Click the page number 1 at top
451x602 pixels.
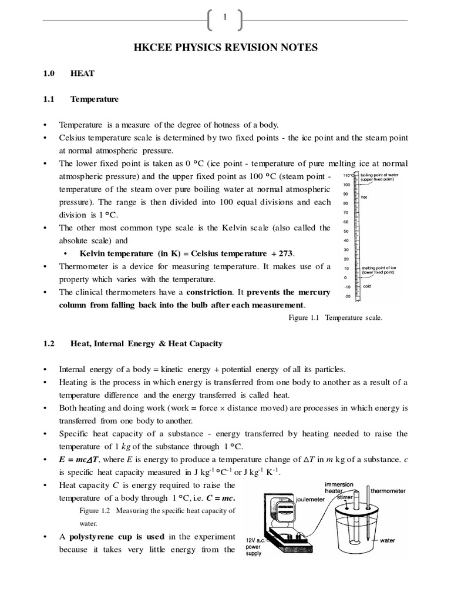pyautogui.click(x=225, y=18)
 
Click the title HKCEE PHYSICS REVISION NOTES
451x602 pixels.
pyautogui.click(x=225, y=48)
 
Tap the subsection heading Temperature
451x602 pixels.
pyautogui.click(x=94, y=99)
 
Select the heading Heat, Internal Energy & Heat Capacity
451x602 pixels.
pyautogui.click(x=146, y=343)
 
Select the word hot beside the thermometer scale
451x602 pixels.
pyautogui.click(x=364, y=197)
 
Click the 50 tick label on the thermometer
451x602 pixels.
pyautogui.click(x=346, y=231)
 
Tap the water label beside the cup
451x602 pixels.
pyautogui.click(x=388, y=540)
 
